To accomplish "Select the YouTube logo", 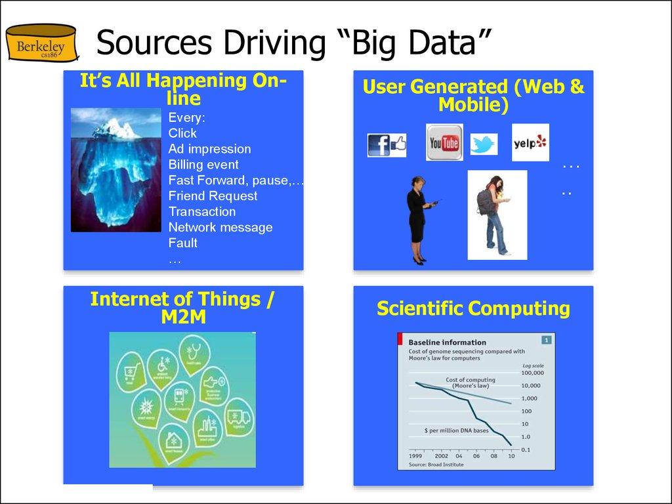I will (444, 142).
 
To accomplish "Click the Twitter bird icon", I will (484, 144).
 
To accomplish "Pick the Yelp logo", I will (530, 142).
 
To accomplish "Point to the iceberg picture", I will (115, 170).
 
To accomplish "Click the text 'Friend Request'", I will (213, 196).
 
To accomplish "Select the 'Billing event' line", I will (203, 165).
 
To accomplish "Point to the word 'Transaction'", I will (202, 212).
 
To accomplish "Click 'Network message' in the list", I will (220, 228).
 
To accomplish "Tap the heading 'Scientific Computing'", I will (473, 308).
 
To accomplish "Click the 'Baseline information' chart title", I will (448, 342).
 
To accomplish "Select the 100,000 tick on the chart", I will (534, 373).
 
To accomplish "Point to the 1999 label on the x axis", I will (415, 455).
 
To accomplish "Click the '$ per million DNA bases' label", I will (456, 430).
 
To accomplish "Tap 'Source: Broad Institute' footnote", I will (436, 464).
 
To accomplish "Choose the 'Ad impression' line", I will (209, 149).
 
